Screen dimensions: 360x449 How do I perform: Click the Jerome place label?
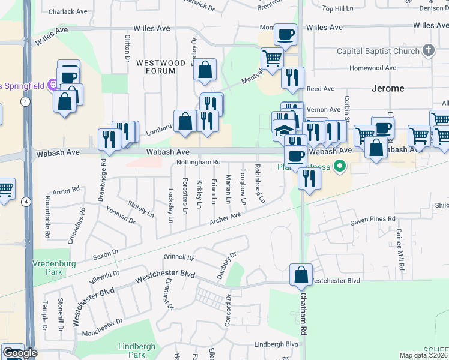(x=387, y=88)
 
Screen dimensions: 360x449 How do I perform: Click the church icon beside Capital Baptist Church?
(x=427, y=50)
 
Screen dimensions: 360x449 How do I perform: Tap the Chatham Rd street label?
(x=304, y=318)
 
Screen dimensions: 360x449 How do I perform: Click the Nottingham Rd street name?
(x=199, y=163)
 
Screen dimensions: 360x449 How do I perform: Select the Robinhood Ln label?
(x=259, y=183)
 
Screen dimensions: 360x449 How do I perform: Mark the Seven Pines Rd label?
(x=373, y=220)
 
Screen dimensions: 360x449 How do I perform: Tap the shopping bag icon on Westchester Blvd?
(x=301, y=275)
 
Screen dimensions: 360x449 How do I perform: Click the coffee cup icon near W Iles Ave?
(x=286, y=34)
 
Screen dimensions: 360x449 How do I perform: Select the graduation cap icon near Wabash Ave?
(x=283, y=129)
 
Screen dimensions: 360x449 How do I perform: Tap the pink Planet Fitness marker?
(x=340, y=166)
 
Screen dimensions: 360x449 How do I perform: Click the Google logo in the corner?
(x=19, y=353)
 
